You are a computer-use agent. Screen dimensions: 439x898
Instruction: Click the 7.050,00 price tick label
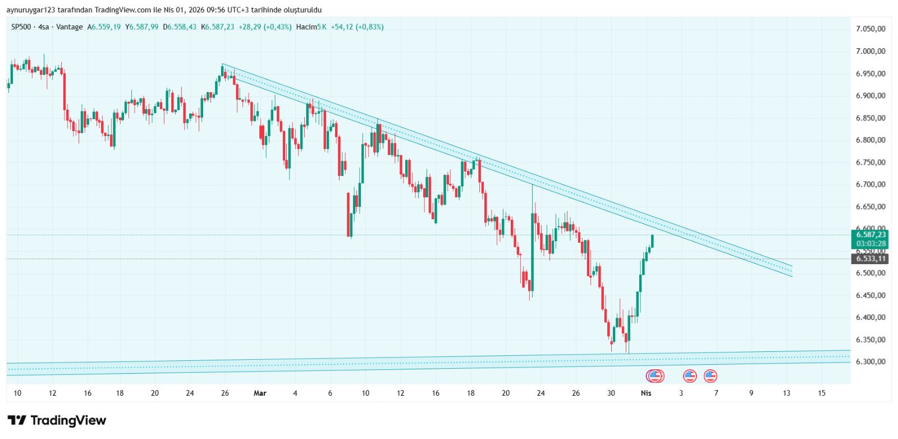(870, 29)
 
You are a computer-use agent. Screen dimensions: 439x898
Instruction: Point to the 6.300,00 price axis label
(870, 361)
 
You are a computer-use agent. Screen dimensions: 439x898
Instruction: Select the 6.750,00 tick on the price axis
(870, 162)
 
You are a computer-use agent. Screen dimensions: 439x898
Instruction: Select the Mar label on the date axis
(260, 393)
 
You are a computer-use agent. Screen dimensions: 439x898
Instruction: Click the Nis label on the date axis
(646, 393)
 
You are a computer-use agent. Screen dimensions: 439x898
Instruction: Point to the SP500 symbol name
(21, 27)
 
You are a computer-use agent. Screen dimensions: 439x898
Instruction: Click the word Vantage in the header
(70, 27)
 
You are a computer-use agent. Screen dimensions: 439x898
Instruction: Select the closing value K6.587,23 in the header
(218, 27)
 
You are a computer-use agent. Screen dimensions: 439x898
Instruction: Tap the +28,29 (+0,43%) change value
(265, 27)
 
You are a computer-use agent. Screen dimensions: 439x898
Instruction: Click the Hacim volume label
(306, 27)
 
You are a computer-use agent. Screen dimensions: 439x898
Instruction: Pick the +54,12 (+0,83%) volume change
(357, 27)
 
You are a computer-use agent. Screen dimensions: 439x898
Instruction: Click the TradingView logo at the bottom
(57, 420)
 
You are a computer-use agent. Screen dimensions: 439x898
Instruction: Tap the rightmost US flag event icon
(711, 376)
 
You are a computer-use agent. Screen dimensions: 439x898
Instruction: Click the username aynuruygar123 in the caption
(31, 10)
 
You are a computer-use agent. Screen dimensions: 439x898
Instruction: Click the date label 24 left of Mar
(190, 393)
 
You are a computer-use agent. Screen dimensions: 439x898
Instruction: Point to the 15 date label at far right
(822, 393)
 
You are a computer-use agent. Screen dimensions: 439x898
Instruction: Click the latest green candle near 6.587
(652, 241)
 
